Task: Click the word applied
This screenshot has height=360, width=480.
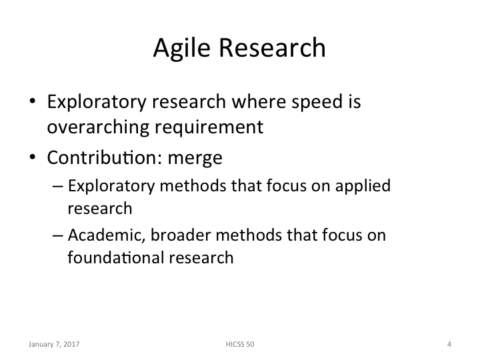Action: (363, 187)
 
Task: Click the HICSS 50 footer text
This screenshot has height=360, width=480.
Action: (240, 345)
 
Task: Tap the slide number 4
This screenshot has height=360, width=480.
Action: (449, 345)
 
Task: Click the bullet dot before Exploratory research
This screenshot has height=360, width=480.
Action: (33, 104)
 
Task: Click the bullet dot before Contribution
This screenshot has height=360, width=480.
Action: (33, 159)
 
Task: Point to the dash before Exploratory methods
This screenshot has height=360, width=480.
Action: (57, 187)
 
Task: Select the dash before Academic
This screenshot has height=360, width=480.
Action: (57, 235)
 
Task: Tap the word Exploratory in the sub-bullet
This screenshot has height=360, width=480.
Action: (103, 187)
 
